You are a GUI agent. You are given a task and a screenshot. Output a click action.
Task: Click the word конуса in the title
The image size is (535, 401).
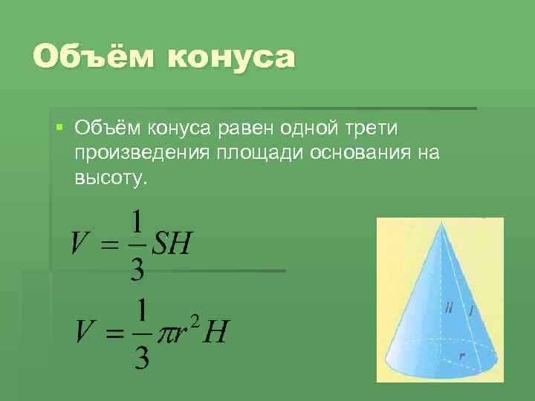tap(231, 58)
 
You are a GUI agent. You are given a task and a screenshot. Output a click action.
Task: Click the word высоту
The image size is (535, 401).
tap(111, 178)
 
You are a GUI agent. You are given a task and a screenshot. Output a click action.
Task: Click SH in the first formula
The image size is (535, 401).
tap(172, 243)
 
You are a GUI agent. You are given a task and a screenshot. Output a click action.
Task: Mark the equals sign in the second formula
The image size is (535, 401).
tap(114, 333)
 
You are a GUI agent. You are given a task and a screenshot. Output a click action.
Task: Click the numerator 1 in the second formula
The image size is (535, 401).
tap(143, 310)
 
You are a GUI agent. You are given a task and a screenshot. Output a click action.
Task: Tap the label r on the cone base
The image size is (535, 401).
tap(462, 356)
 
